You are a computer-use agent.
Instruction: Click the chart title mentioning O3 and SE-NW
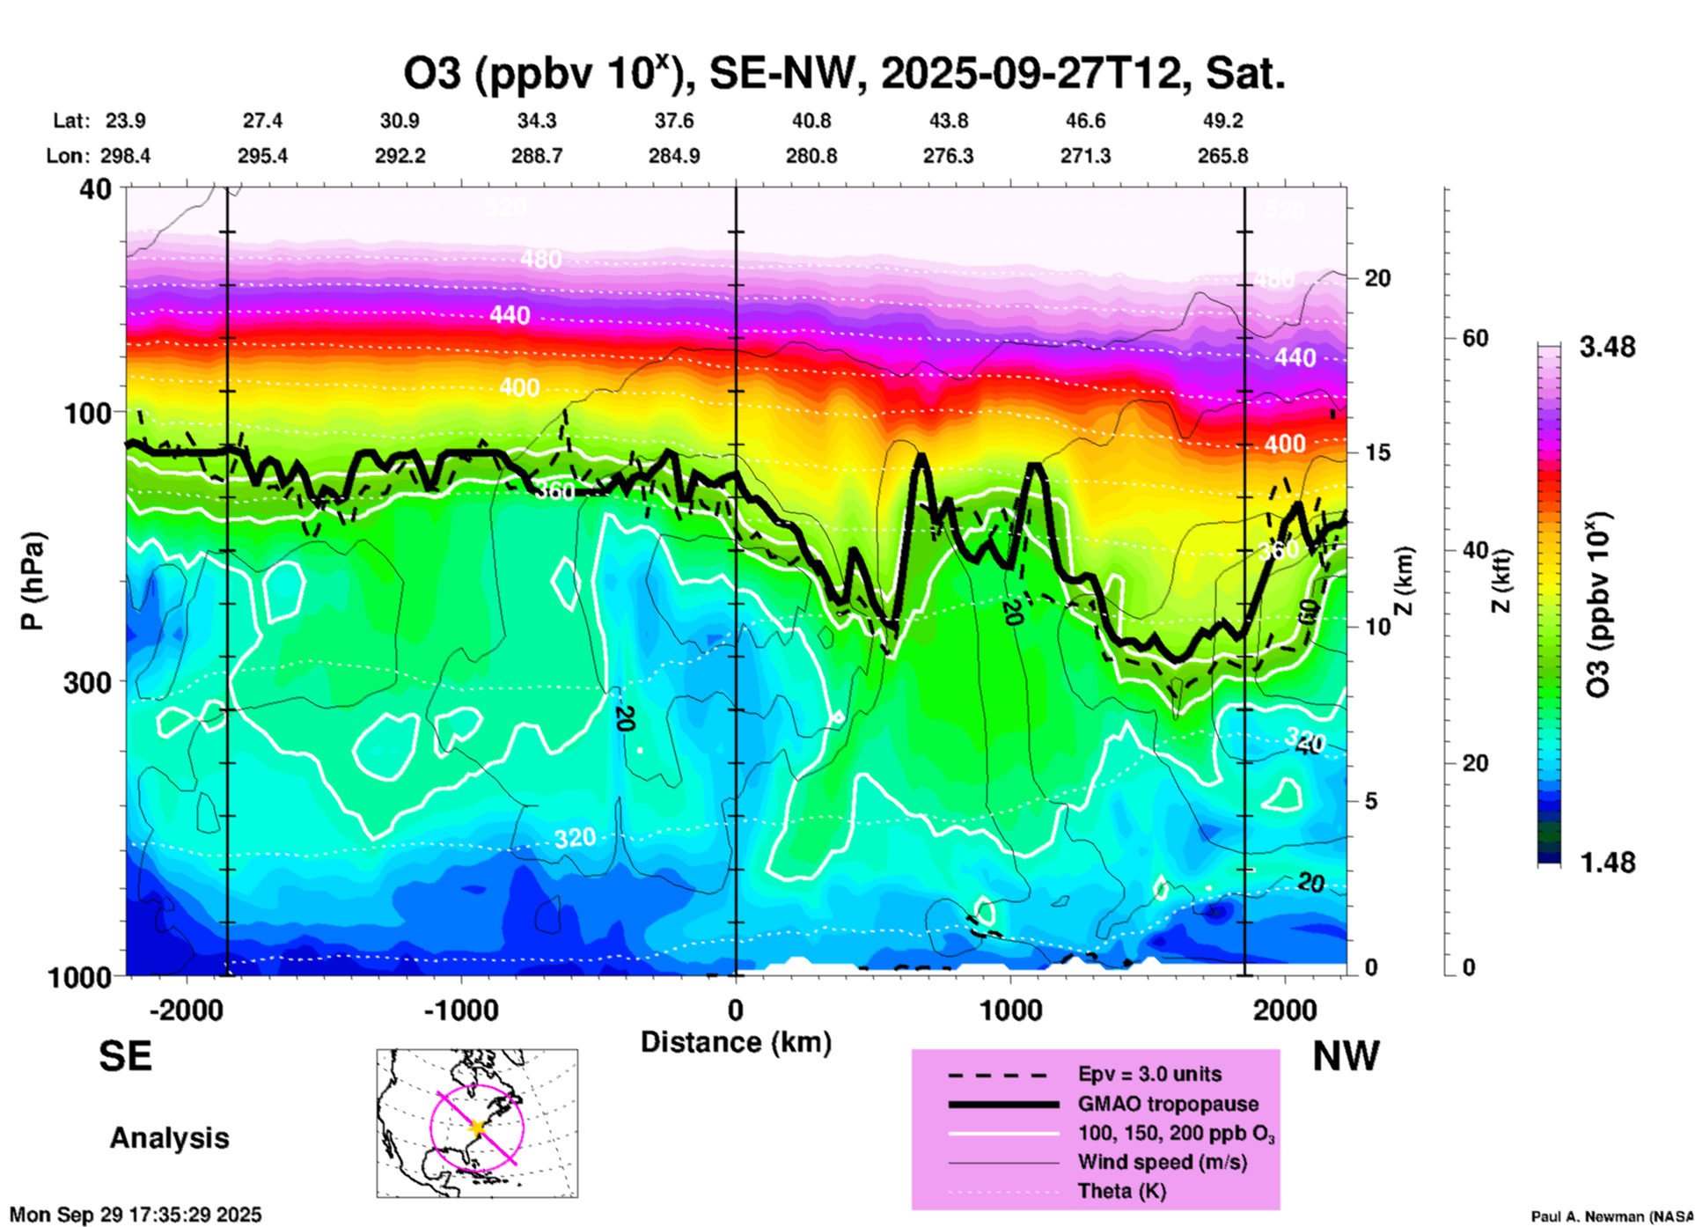(x=844, y=74)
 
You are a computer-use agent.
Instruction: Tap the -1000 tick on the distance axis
(x=460, y=1010)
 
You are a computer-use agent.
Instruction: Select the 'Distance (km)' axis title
(x=736, y=1042)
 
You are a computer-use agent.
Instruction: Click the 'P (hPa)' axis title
(x=33, y=581)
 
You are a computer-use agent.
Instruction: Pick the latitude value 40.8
(x=811, y=121)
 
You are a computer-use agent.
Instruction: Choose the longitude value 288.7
(x=536, y=156)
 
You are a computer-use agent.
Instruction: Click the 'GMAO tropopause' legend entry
(x=1168, y=1104)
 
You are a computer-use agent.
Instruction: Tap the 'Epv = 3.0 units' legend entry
(x=1149, y=1074)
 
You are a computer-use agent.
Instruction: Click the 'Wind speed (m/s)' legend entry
(x=1162, y=1162)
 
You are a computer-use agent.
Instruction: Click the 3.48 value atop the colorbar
(x=1607, y=348)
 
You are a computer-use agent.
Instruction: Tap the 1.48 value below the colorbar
(x=1607, y=863)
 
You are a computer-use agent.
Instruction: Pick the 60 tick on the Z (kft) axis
(x=1475, y=338)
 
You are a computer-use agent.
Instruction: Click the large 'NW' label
(x=1346, y=1056)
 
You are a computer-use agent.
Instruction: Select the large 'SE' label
(x=125, y=1056)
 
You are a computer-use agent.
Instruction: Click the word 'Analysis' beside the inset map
(x=169, y=1138)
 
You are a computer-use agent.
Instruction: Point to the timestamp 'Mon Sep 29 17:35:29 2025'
(x=136, y=1215)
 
